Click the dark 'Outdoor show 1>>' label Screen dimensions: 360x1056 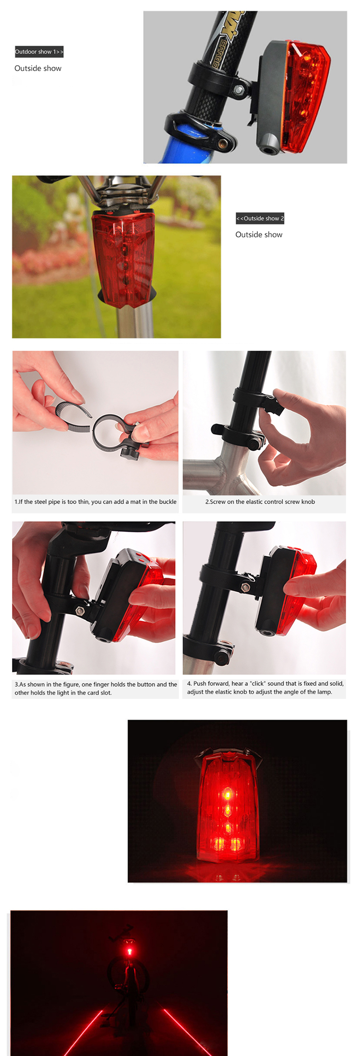(x=39, y=52)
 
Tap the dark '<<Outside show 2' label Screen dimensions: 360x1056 (x=260, y=218)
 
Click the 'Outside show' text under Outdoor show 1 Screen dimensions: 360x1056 (x=38, y=68)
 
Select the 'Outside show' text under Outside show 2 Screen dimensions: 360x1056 (x=259, y=235)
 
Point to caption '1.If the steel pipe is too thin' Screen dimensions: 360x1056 (x=96, y=502)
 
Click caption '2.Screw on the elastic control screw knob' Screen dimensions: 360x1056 (x=260, y=502)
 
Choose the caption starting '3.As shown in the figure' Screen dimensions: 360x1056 (x=96, y=688)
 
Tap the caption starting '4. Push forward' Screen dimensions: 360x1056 (x=265, y=687)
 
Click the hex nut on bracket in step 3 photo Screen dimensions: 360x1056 (x=81, y=611)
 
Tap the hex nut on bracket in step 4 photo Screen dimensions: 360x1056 (x=246, y=587)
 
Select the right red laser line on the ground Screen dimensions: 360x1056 (x=183, y=1031)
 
